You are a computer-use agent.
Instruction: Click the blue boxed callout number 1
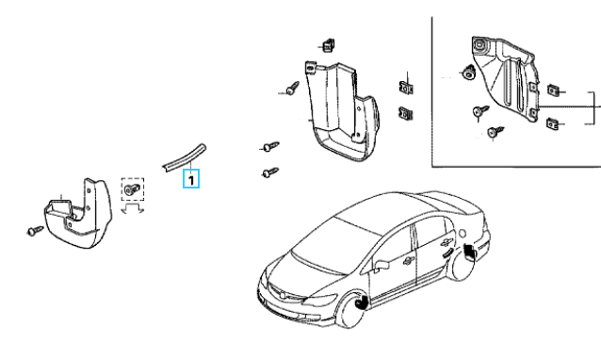point(191,179)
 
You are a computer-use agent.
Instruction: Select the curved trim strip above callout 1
point(185,157)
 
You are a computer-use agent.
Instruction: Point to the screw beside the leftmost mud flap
point(35,231)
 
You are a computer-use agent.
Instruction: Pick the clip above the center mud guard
point(328,45)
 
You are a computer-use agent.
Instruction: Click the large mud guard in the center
point(342,111)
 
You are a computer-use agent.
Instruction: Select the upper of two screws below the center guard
point(271,147)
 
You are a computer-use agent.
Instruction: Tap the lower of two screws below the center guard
point(270,172)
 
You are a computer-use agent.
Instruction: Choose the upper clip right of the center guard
point(405,88)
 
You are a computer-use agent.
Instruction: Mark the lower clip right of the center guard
point(405,113)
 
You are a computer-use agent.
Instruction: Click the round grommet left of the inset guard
point(467,73)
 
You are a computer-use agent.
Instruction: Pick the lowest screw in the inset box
point(495,132)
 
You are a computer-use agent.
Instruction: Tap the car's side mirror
point(382,265)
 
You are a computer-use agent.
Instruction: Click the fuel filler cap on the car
point(463,234)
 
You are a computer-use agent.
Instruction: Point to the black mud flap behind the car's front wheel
point(361,302)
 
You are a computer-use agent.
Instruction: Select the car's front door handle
point(408,261)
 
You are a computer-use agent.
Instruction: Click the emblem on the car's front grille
point(282,295)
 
